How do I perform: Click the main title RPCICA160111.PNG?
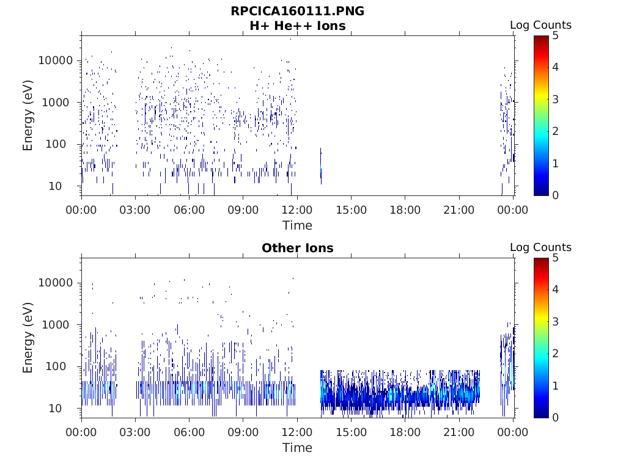[x=297, y=12]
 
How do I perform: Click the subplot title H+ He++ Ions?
[x=297, y=26]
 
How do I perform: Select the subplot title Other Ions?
[x=297, y=248]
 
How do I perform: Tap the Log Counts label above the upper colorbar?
[x=540, y=25]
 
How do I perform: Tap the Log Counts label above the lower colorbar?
[x=540, y=247]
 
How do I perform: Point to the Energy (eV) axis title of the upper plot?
[x=28, y=116]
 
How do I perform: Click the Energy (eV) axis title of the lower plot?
[x=28, y=338]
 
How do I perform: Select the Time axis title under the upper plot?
[x=297, y=225]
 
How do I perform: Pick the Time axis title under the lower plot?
[x=297, y=448]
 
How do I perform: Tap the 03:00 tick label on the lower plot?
[x=135, y=432]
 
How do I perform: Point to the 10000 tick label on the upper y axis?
[x=56, y=60]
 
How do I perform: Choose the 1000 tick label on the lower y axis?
[x=59, y=324]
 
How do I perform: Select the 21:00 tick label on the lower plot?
[x=458, y=432]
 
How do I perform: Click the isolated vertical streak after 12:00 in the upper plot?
[x=321, y=166]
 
